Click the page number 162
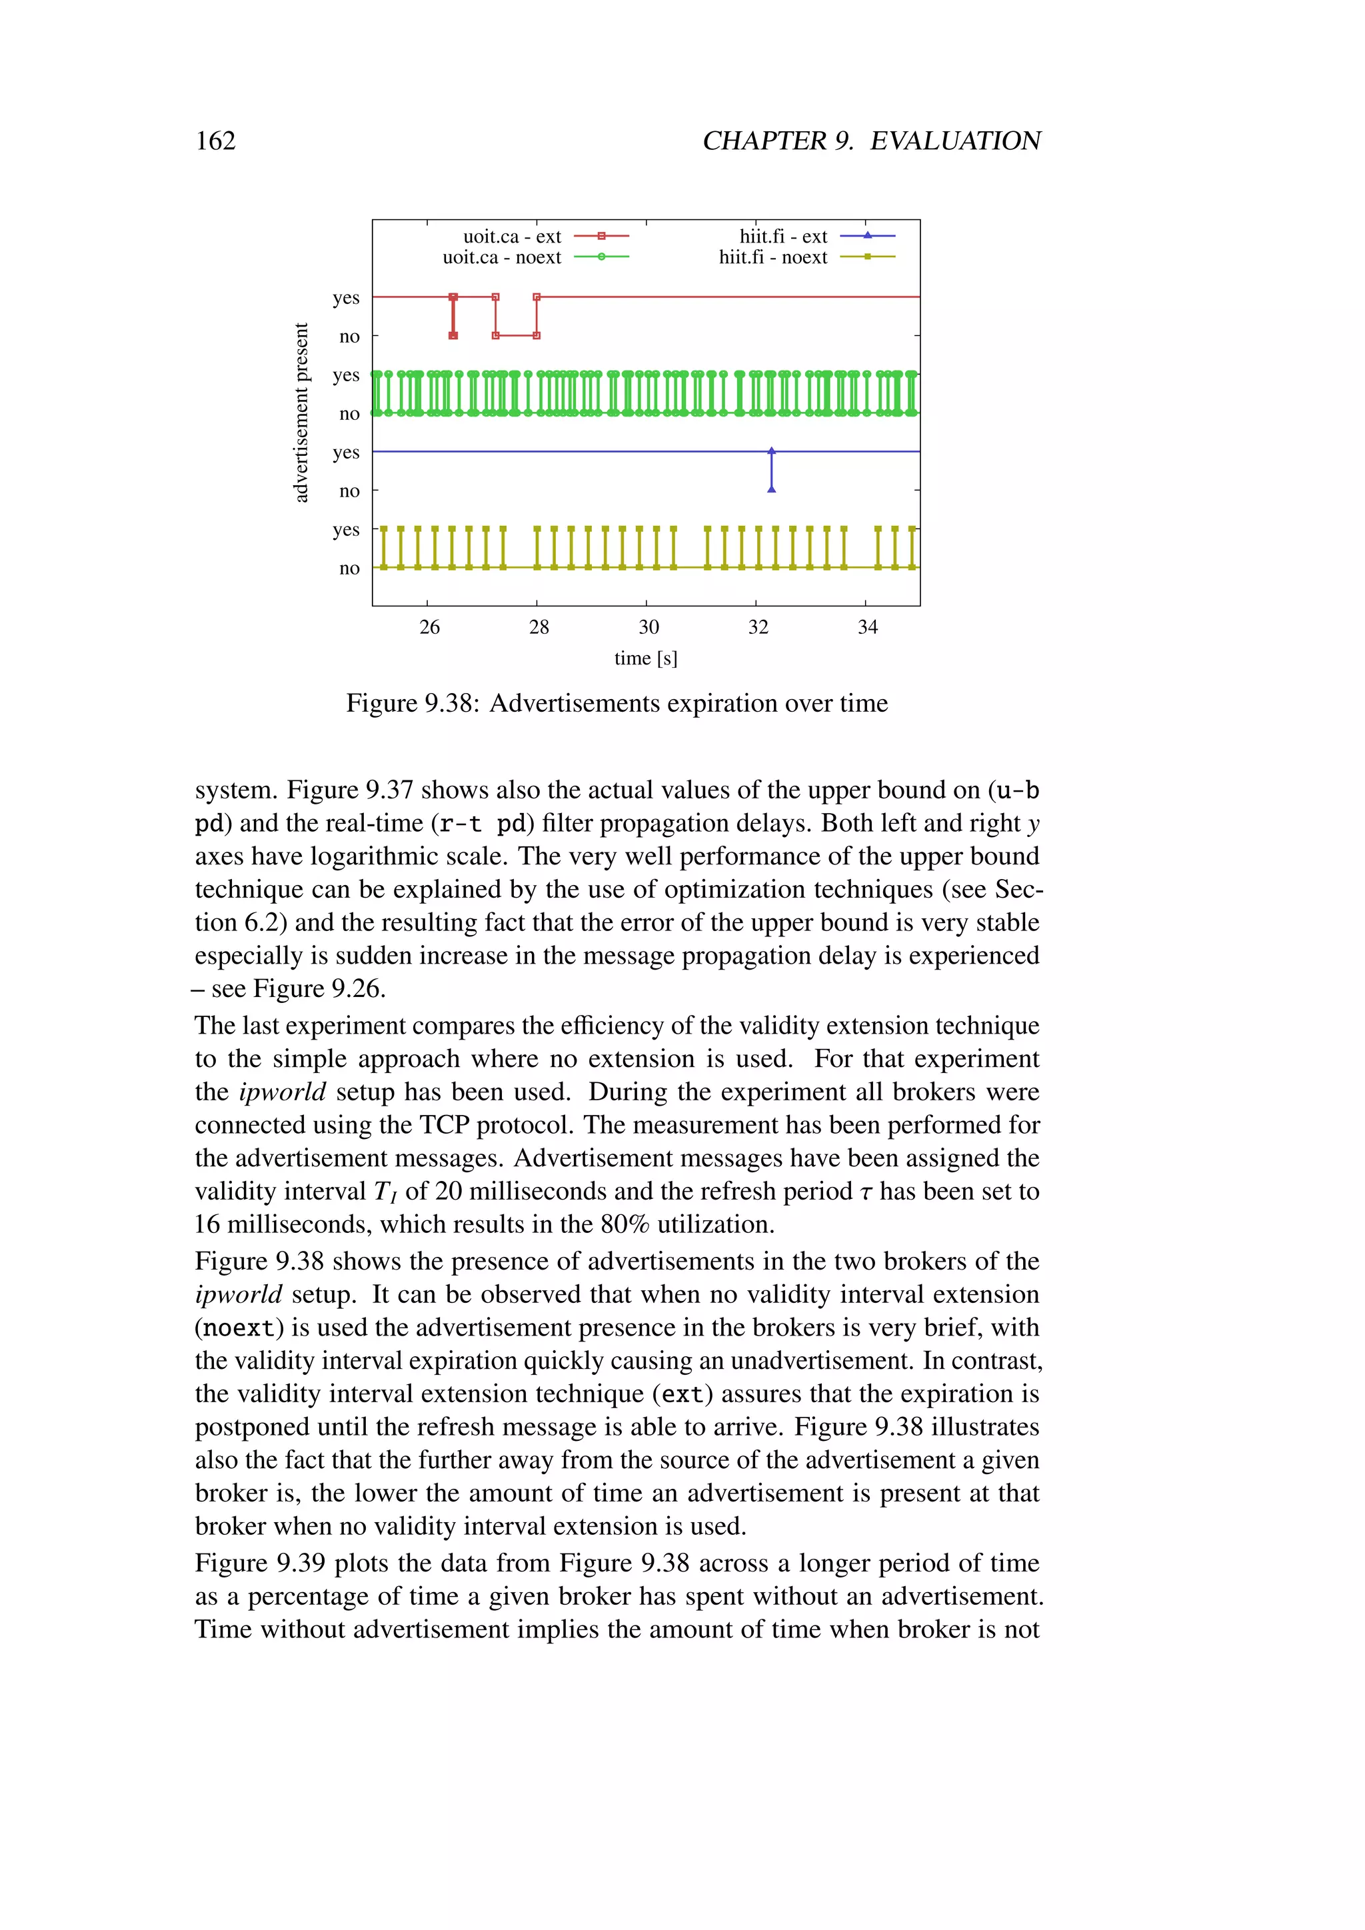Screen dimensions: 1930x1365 pyautogui.click(x=215, y=141)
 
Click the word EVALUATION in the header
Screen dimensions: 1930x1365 pyautogui.click(x=955, y=141)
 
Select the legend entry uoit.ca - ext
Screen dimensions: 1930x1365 pyautogui.click(x=512, y=237)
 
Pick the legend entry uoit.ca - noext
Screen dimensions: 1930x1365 pyautogui.click(x=502, y=257)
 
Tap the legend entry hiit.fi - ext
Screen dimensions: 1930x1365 pyautogui.click(x=782, y=237)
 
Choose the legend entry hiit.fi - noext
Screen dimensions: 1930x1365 pyautogui.click(x=772, y=257)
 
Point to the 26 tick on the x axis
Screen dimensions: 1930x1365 pyautogui.click(x=429, y=627)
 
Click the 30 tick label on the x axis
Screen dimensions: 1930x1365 pyautogui.click(x=648, y=627)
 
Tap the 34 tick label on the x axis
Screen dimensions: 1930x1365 pyautogui.click(x=866, y=627)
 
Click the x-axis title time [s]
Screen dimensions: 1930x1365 pyautogui.click(x=646, y=658)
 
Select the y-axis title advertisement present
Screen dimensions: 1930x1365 pyautogui.click(x=301, y=413)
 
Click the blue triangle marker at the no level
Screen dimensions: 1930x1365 pyautogui.click(x=772, y=489)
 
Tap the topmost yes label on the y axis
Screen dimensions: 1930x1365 pyautogui.click(x=345, y=298)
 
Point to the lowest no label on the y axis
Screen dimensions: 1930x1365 pyautogui.click(x=349, y=568)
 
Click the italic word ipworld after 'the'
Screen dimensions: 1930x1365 pyautogui.click(x=281, y=1092)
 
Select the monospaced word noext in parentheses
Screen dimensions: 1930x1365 pyautogui.click(x=239, y=1328)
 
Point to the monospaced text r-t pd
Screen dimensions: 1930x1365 pyautogui.click(x=482, y=823)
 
